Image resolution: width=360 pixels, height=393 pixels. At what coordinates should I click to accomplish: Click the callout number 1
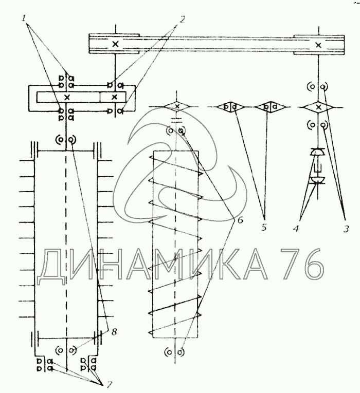tap(24, 18)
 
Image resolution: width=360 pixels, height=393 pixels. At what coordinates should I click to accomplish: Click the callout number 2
tap(183, 19)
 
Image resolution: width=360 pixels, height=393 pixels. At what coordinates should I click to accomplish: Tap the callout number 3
tap(346, 229)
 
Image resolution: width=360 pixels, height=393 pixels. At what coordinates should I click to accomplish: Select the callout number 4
tap(296, 228)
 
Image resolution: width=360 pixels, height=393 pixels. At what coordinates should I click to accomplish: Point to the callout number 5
tap(264, 228)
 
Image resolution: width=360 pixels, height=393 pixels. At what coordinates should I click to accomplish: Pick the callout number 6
tap(240, 220)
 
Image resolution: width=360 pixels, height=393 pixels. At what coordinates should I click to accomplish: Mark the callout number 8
tap(114, 332)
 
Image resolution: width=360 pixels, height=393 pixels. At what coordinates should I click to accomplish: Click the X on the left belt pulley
tap(115, 44)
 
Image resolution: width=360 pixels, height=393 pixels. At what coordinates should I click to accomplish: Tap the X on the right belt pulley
tap(318, 45)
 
